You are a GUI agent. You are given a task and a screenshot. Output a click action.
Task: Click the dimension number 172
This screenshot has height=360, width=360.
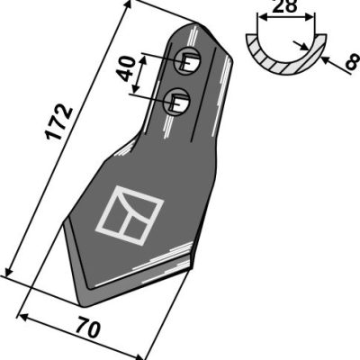point(58,121)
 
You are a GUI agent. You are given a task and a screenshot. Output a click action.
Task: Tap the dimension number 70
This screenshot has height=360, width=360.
point(88,329)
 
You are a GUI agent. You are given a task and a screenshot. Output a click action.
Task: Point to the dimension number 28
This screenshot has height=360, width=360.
point(286,6)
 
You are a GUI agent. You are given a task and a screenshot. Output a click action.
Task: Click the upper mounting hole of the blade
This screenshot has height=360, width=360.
point(187,61)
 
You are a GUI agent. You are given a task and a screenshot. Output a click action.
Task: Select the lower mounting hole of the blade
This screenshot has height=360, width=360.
point(176,101)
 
